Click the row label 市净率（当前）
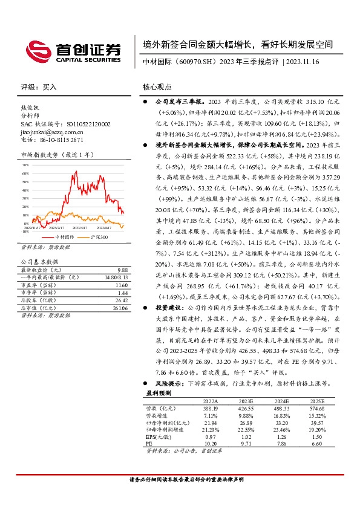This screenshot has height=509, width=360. pyautogui.click(x=38, y=292)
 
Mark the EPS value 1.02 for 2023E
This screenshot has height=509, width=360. pyautogui.click(x=246, y=436)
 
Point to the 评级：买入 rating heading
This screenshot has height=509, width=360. pyautogui.click(x=39, y=87)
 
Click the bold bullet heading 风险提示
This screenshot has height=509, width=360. pyautogui.click(x=169, y=383)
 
